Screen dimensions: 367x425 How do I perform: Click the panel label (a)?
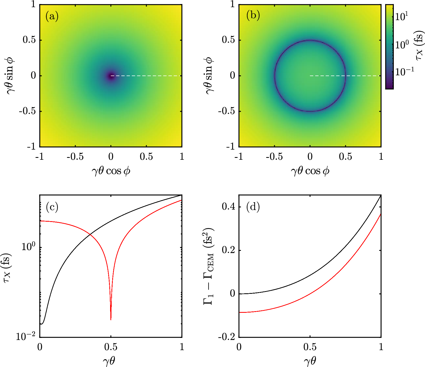[x=52, y=16]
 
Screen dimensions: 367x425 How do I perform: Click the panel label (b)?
[x=253, y=15]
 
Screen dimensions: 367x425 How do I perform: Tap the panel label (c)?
[x=52, y=207]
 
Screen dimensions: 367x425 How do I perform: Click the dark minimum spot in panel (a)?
[x=111, y=76]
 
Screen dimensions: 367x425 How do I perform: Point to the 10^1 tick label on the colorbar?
[x=402, y=17]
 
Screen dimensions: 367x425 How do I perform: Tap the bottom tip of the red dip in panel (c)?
[x=111, y=319]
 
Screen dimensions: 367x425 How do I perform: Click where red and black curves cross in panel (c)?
[x=90, y=235]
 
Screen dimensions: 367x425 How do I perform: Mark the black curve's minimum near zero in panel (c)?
[x=42, y=324]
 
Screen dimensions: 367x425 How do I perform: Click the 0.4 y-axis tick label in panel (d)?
[x=228, y=207]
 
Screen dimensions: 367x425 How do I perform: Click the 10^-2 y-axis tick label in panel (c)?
[x=26, y=336]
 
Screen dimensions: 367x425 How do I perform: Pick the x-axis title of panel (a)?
[x=111, y=171]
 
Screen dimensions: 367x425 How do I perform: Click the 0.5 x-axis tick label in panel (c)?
[x=111, y=347]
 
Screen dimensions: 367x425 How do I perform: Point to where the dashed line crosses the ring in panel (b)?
[x=346, y=76]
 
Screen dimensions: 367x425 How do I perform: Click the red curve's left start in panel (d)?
[x=239, y=312]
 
